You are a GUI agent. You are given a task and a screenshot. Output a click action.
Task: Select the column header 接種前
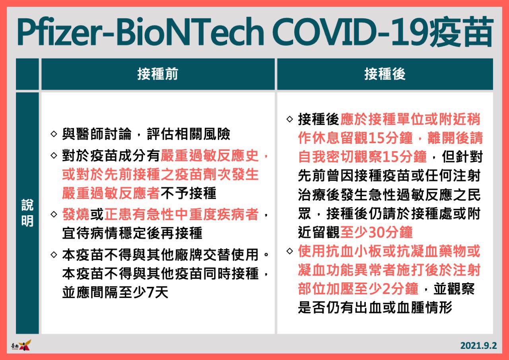(158, 74)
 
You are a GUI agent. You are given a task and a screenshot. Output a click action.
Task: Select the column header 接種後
(385, 74)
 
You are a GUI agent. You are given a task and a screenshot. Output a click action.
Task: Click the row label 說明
(27, 213)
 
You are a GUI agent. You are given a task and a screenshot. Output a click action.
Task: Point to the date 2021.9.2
(479, 346)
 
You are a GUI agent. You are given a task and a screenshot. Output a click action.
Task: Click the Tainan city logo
(21, 345)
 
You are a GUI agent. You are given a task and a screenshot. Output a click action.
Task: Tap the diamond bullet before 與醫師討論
(54, 134)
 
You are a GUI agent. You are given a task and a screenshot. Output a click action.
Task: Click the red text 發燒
(76, 214)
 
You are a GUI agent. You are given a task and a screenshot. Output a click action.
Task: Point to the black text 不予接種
(188, 193)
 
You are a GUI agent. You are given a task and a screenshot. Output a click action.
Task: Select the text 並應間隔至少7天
(115, 292)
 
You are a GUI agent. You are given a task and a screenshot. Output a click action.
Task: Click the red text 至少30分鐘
(376, 232)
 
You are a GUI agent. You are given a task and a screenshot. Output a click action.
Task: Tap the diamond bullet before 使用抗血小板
(290, 251)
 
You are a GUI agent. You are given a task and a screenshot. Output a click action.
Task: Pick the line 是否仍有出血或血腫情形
(375, 307)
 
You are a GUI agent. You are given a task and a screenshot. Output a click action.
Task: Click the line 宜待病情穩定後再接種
(132, 233)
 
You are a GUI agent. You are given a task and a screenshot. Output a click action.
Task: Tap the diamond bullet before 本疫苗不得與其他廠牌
(54, 255)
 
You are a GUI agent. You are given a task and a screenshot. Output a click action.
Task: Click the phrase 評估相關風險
(188, 134)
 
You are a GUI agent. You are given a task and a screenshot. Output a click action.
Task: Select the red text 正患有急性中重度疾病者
(182, 214)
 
